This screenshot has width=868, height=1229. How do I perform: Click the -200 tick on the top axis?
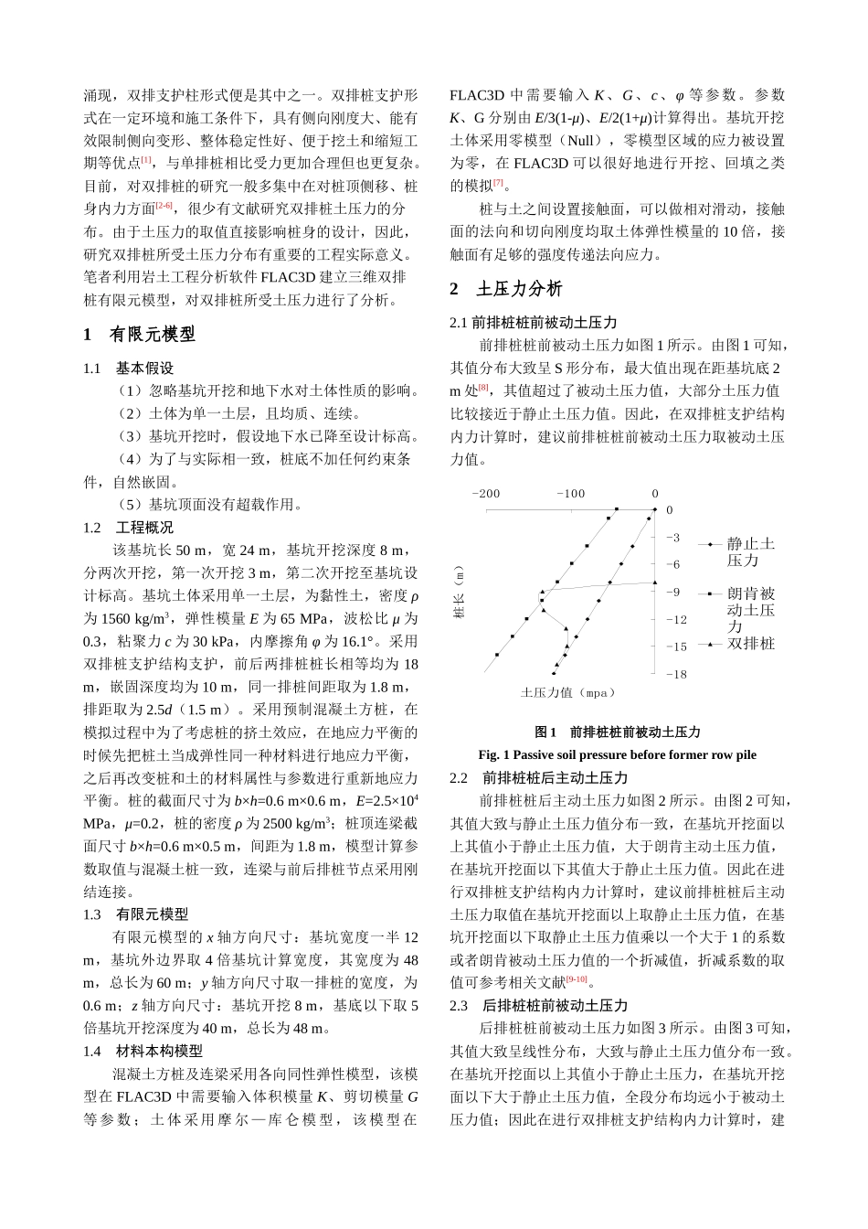click(x=485, y=494)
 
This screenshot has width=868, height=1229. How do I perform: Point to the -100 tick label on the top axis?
click(x=570, y=494)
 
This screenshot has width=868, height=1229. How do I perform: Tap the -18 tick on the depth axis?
click(x=675, y=674)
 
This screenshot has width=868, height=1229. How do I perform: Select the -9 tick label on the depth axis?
click(x=672, y=592)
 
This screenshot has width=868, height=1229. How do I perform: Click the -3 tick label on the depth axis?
click(x=672, y=537)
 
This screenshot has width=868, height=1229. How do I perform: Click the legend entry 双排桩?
click(x=750, y=644)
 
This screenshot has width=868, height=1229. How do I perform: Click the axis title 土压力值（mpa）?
click(x=568, y=693)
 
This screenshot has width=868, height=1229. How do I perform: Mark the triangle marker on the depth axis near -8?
click(x=655, y=582)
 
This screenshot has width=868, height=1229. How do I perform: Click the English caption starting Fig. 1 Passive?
click(x=617, y=754)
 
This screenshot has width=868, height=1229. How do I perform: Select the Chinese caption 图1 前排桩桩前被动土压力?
click(x=617, y=732)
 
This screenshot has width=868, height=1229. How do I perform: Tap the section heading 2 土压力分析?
click(x=506, y=289)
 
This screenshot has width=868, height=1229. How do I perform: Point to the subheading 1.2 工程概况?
click(x=128, y=528)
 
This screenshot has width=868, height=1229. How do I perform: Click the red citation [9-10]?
click(x=576, y=979)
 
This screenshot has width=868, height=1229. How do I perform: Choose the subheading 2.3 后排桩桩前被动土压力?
click(x=539, y=1005)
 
